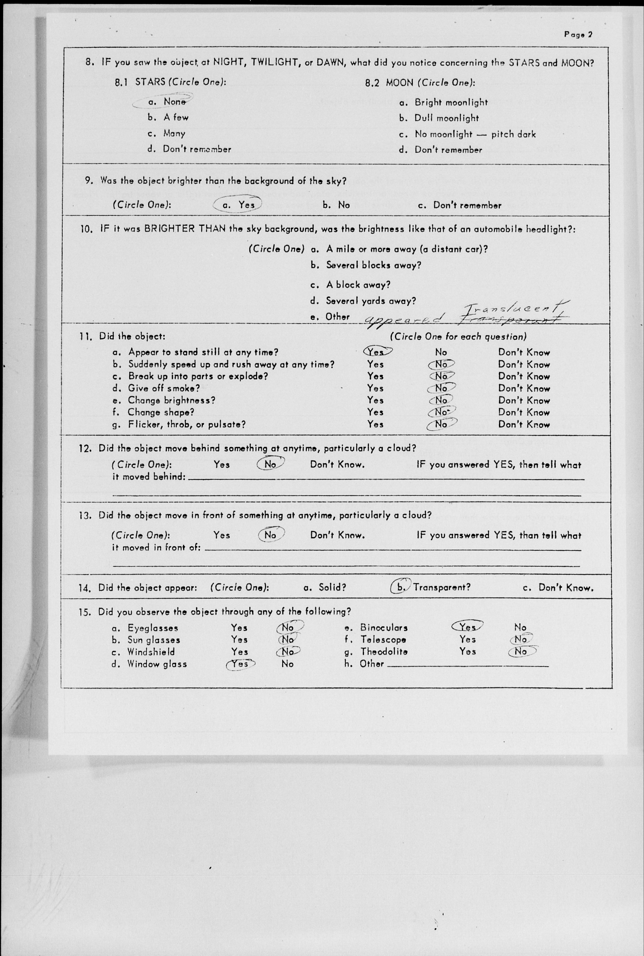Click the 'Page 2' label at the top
coord(578,35)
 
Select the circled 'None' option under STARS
coord(174,101)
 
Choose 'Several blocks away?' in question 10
coord(373,265)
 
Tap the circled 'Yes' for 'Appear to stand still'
coord(376,352)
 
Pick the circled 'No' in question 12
coord(270,464)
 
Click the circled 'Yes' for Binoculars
coord(467,627)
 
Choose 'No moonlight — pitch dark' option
coord(474,134)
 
